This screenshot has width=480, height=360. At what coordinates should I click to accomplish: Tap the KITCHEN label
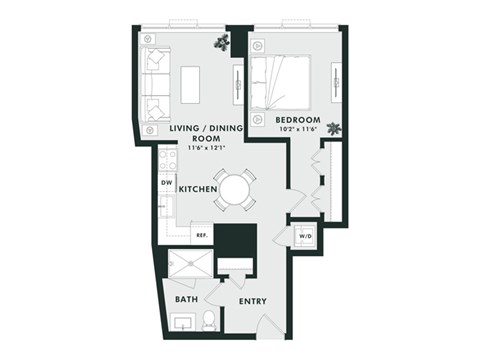click(199, 188)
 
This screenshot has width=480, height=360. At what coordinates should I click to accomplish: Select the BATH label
click(186, 299)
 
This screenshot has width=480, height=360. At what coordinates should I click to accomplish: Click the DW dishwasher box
click(165, 182)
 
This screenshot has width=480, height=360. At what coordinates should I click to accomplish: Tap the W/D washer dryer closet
click(303, 237)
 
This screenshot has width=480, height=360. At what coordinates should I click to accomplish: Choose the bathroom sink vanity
click(183, 322)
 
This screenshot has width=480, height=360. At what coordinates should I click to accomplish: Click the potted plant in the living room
click(221, 42)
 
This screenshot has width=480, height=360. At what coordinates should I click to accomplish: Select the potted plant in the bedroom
click(333, 128)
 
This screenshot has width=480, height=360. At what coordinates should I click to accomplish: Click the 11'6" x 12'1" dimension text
click(205, 148)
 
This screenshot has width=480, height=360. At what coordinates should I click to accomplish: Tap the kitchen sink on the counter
click(167, 207)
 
